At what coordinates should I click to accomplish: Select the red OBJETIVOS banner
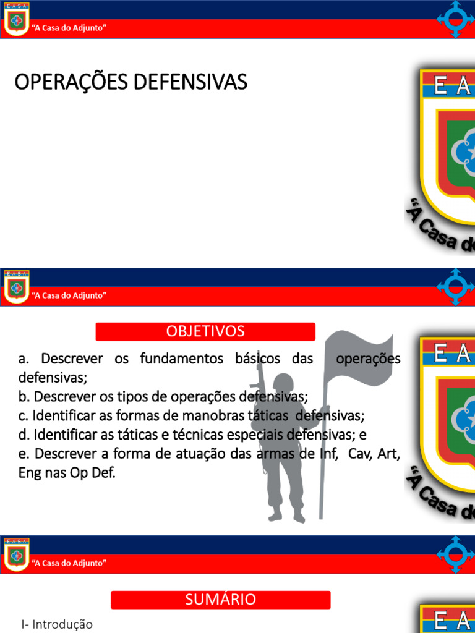click(x=205, y=331)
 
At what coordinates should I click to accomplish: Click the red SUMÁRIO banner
click(x=220, y=600)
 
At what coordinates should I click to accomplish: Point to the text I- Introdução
click(x=57, y=624)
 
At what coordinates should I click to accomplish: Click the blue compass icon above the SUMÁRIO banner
click(x=455, y=554)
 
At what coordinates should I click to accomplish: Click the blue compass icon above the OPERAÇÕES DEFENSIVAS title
click(x=455, y=19)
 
